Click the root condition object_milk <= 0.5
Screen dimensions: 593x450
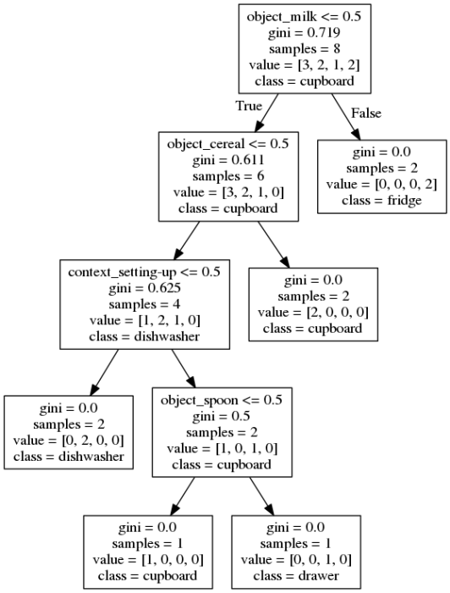[303, 16]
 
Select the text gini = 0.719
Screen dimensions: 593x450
[303, 32]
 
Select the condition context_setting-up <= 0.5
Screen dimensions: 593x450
[144, 273]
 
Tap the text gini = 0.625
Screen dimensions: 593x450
[144, 289]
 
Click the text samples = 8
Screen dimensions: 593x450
[303, 48]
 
